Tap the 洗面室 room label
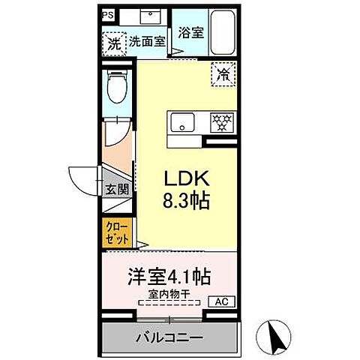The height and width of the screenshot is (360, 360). click(146, 42)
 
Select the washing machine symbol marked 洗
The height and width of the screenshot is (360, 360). click(112, 43)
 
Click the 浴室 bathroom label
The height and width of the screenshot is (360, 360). click(191, 32)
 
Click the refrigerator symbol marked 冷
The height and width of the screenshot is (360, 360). click(223, 74)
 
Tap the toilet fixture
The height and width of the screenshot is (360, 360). click(116, 88)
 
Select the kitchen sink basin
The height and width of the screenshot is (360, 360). click(182, 121)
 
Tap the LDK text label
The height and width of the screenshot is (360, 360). click(187, 180)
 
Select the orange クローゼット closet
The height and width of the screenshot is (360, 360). click(116, 232)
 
